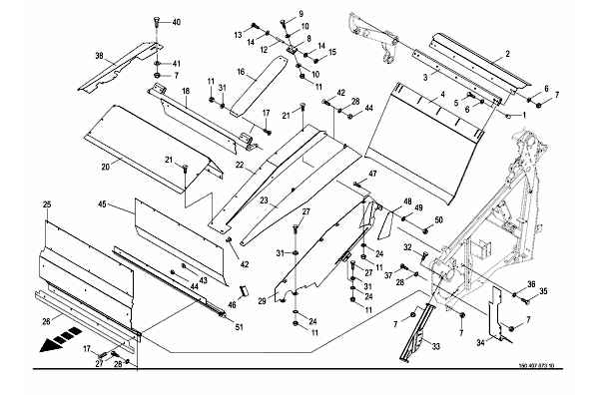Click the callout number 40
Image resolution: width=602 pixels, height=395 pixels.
pyautogui.click(x=176, y=23)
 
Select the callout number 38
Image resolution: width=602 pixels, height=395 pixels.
pyautogui.click(x=99, y=56)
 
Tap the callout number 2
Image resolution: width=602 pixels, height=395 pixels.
pyautogui.click(x=508, y=54)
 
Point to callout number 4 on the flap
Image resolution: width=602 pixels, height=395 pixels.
pyautogui.click(x=442, y=94)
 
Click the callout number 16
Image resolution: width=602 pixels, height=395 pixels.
pyautogui.click(x=241, y=72)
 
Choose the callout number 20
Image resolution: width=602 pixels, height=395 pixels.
pyautogui.click(x=105, y=167)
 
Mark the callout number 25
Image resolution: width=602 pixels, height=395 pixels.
pyautogui.click(x=47, y=204)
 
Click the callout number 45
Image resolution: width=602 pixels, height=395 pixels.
pyautogui.click(x=102, y=204)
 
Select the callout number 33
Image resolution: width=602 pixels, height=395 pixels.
pyautogui.click(x=435, y=347)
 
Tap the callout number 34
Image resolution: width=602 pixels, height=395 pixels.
pyautogui.click(x=480, y=342)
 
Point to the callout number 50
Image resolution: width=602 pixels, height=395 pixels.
pyautogui.click(x=438, y=220)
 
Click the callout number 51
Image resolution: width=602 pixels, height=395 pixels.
pyautogui.click(x=239, y=327)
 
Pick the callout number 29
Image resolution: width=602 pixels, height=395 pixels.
pyautogui.click(x=262, y=301)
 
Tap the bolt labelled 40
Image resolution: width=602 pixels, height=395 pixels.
pyautogui.click(x=157, y=22)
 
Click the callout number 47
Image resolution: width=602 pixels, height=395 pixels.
pyautogui.click(x=372, y=175)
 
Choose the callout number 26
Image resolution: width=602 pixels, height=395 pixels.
pyautogui.click(x=46, y=321)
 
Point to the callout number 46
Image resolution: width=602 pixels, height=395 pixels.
pyautogui.click(x=232, y=305)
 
